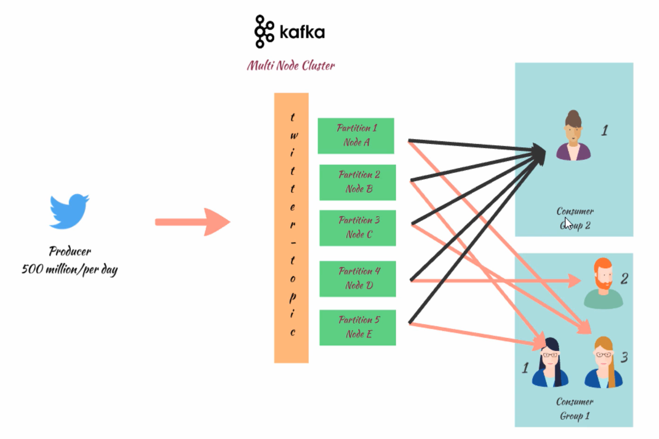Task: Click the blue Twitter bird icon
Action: pos(69,211)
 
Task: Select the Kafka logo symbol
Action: pos(264,32)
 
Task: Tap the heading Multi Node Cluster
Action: pos(291,65)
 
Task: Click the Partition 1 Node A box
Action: pos(356,135)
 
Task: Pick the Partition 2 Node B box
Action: pos(358,182)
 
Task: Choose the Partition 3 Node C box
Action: pos(358,228)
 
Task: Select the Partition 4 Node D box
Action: pos(358,279)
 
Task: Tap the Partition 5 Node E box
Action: pos(358,327)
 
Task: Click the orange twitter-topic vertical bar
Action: pos(291,228)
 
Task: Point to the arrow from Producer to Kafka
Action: pos(192,222)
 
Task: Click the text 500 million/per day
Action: pos(69,269)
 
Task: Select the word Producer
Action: pos(70,251)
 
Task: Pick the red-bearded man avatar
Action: pos(603,283)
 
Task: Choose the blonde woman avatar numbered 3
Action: pos(603,363)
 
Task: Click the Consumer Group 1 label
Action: pos(574,408)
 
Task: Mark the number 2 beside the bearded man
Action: pos(624,279)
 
